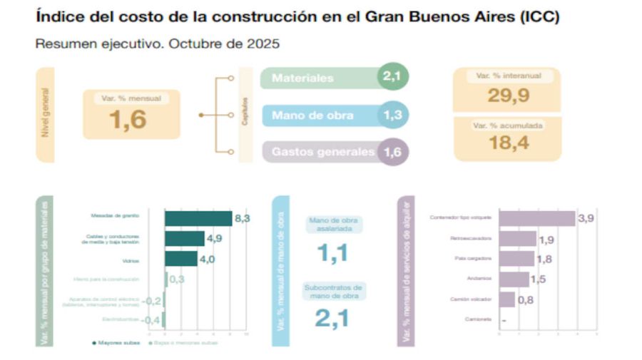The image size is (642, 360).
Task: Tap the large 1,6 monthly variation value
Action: tap(128, 120)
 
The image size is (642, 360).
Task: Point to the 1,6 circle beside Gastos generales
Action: tap(392, 152)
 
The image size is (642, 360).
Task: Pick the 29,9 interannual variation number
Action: tap(506, 96)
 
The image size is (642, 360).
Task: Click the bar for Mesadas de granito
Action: tap(198, 218)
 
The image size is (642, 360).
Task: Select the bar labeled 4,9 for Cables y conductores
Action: tap(185, 238)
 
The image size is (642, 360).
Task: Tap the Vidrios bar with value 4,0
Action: tap(181, 259)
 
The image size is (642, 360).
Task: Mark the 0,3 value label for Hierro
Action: tap(177, 279)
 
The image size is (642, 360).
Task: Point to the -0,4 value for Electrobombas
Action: tap(151, 320)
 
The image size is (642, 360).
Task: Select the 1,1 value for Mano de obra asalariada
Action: tap(333, 252)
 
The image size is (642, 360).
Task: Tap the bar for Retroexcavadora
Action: tap(517, 239)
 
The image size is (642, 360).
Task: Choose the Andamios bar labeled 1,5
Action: tap(514, 279)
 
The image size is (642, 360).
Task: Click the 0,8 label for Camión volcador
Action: tap(525, 299)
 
